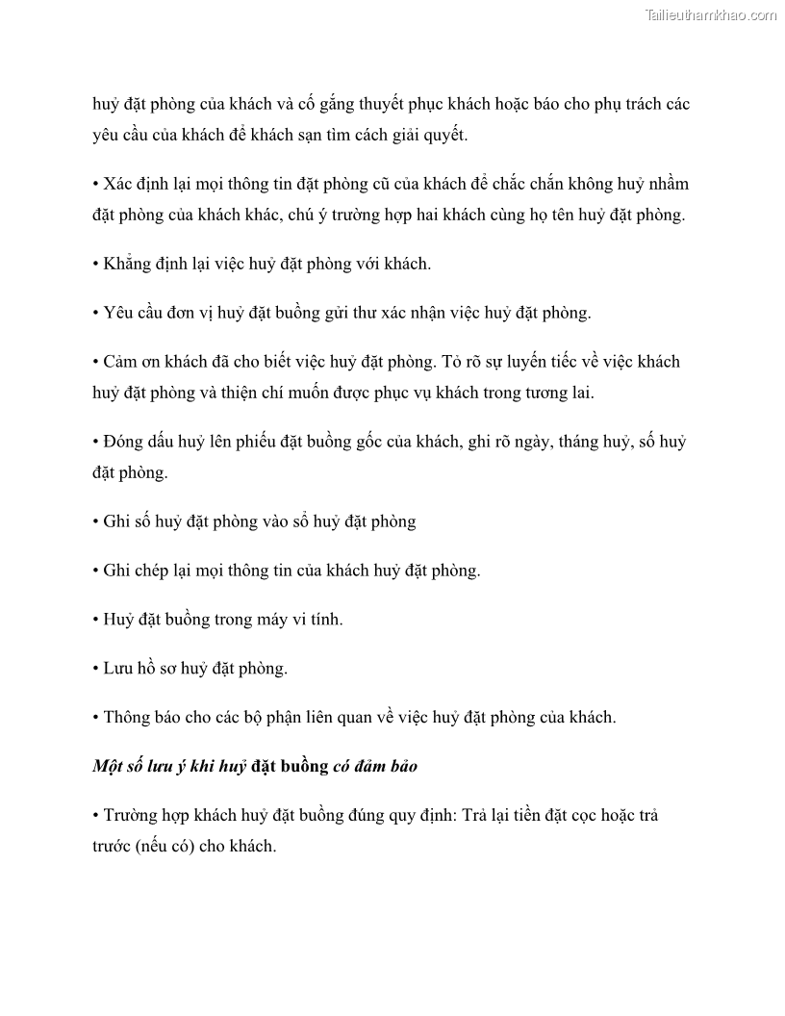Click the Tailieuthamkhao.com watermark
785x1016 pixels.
coord(711,14)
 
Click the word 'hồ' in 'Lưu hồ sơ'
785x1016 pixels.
coord(147,668)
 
